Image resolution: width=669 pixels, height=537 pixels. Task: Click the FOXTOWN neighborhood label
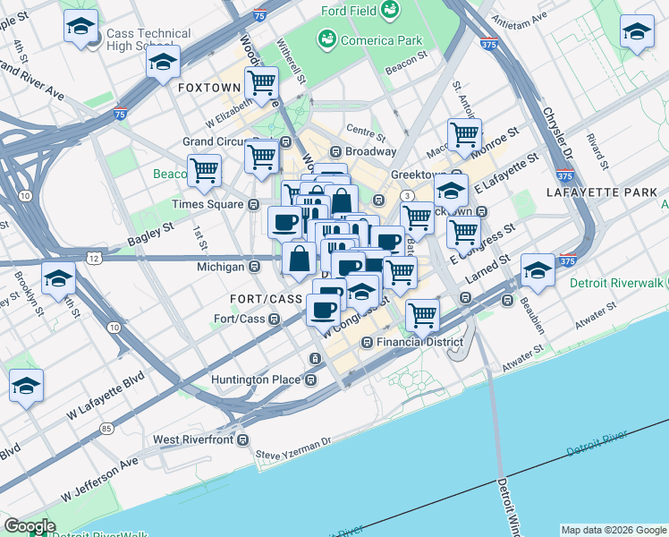(209, 88)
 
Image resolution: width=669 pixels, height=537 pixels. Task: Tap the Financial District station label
(419, 342)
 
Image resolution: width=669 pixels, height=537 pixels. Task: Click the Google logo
(30, 526)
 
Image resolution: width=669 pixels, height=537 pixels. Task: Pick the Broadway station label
(370, 151)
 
